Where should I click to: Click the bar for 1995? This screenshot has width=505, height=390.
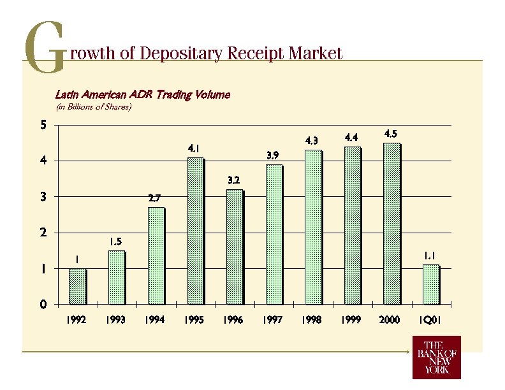point(195,231)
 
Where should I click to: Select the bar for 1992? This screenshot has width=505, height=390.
point(77,286)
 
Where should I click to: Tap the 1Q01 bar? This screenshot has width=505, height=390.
point(431,284)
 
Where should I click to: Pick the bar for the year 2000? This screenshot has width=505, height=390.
point(392,224)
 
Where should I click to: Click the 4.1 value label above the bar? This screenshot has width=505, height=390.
point(194,148)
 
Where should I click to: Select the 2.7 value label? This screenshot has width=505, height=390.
point(154,198)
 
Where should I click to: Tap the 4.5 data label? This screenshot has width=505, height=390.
point(390,134)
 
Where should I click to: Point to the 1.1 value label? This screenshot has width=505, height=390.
point(430,256)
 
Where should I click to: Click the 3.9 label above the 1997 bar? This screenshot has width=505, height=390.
point(272,155)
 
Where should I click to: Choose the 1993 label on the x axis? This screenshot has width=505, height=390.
point(115,320)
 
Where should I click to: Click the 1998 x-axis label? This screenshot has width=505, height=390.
point(312,320)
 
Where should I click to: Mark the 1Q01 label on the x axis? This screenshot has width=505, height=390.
point(430,320)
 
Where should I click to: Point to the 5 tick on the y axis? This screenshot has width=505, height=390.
point(43,125)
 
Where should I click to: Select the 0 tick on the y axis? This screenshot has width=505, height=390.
point(43,305)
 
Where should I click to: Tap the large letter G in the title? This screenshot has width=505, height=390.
point(44,48)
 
